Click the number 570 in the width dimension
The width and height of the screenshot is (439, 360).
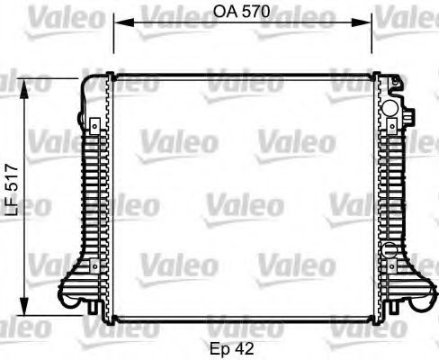(x=255, y=12)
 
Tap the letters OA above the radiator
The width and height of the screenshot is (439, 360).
(x=227, y=12)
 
